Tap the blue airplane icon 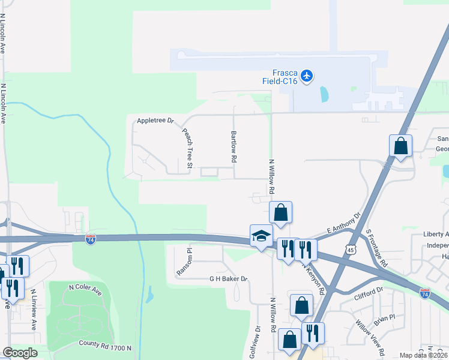pyautogui.click(x=307, y=76)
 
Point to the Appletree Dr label pyautogui.click(x=155, y=121)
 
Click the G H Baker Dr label pyautogui.click(x=228, y=279)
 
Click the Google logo pyautogui.click(x=20, y=353)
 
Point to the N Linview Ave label pyautogui.click(x=33, y=310)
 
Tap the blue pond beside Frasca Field pyautogui.click(x=325, y=94)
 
